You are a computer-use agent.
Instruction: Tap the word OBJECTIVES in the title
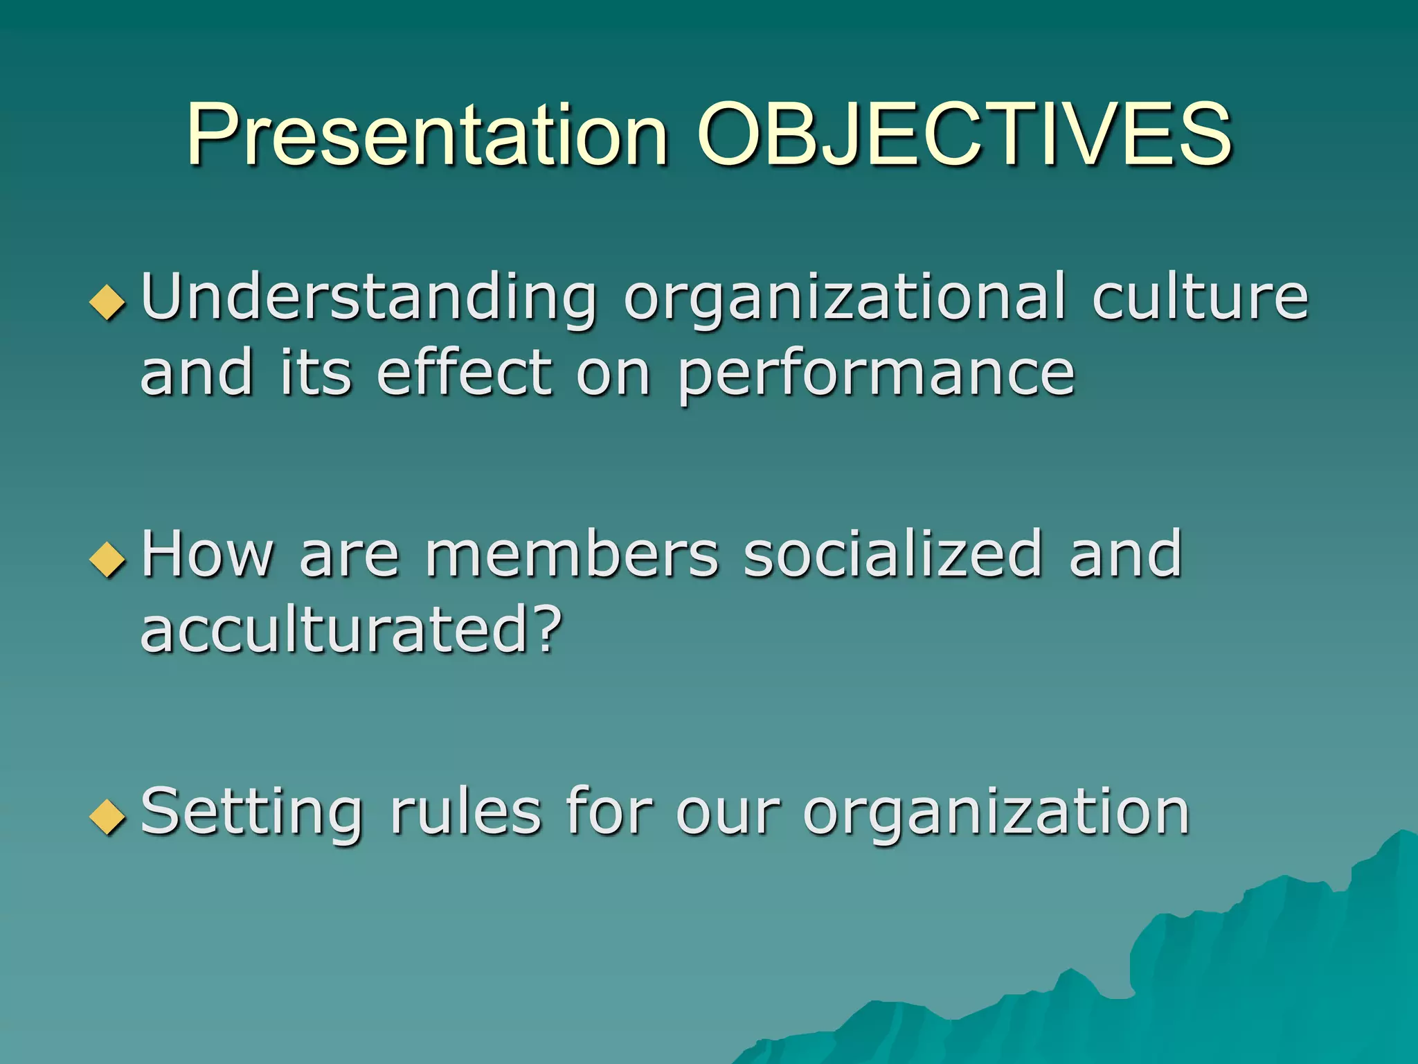964,135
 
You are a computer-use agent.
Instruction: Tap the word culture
1200,298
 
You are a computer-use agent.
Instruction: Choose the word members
572,554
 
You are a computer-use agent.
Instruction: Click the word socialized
893,554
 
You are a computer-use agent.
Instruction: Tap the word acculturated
334,629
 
